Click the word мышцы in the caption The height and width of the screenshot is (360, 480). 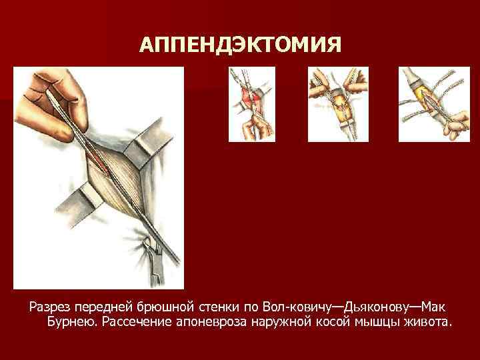pos(375,323)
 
